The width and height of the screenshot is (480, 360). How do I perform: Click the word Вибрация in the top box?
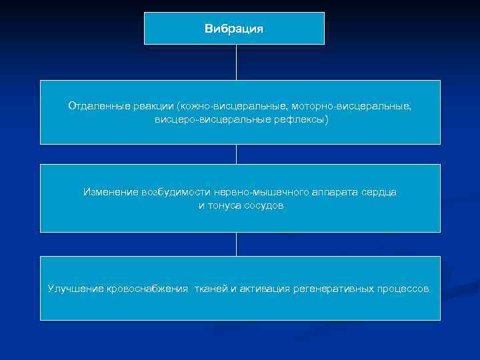[234, 29]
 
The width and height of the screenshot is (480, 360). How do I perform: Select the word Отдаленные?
[94, 105]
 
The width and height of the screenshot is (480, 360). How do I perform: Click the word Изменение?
[110, 192]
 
